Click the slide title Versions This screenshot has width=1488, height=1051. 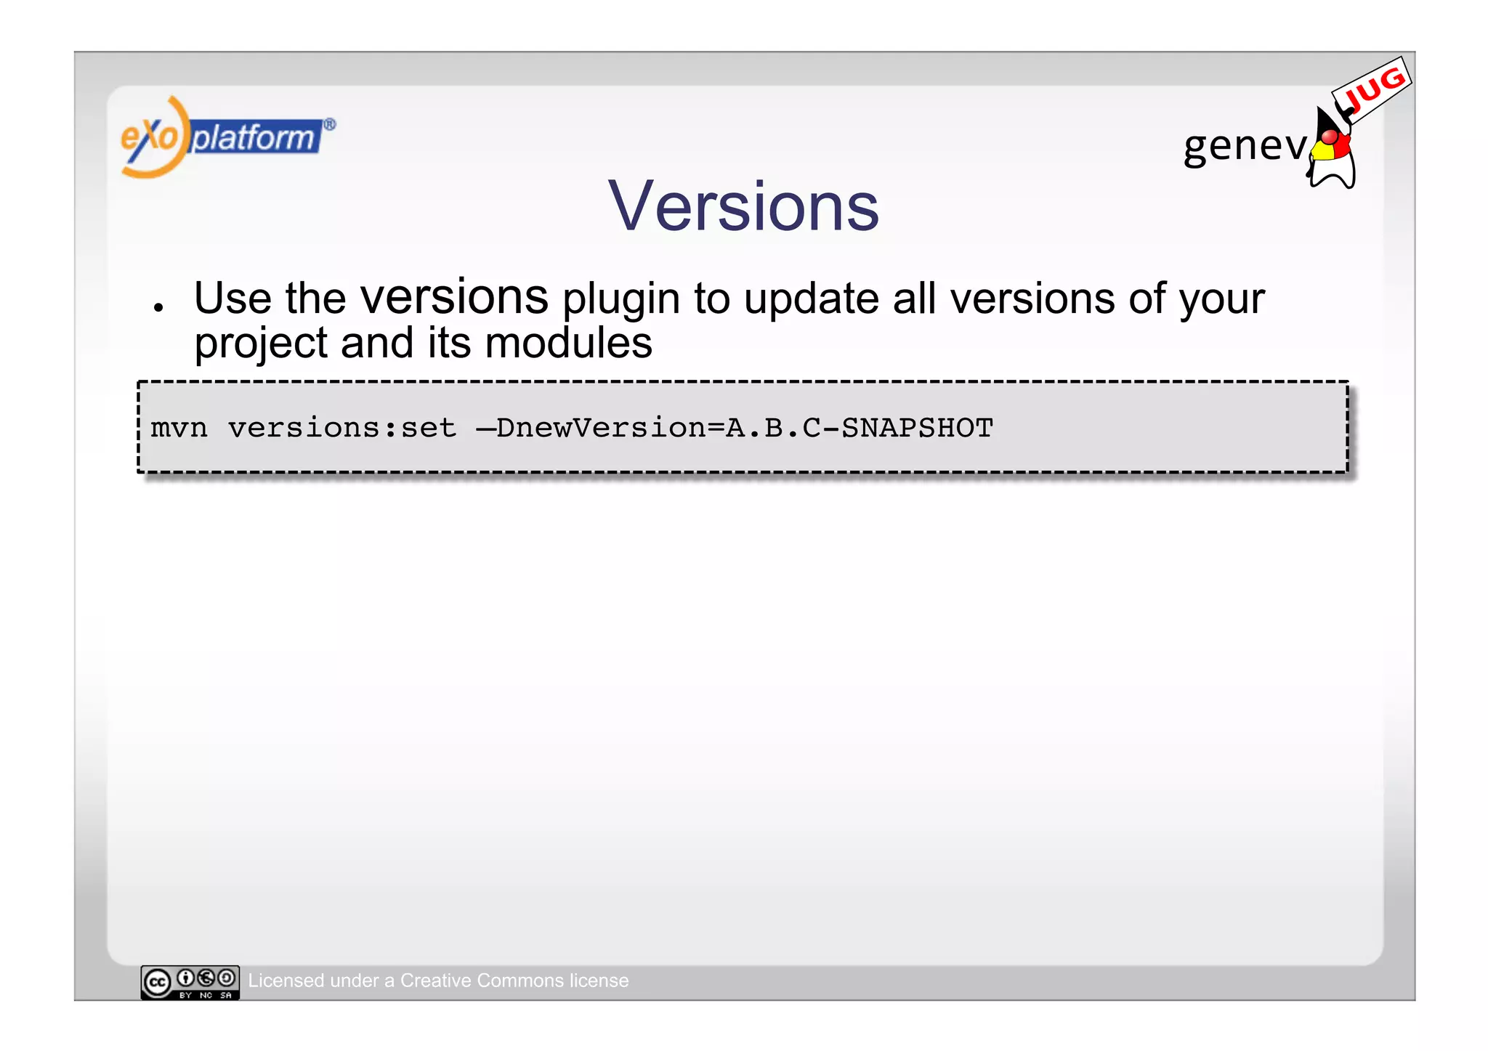(x=743, y=207)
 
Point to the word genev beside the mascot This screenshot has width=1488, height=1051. (x=1245, y=145)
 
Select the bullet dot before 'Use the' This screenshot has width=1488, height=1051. (x=158, y=307)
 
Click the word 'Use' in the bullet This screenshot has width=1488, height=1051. (x=232, y=299)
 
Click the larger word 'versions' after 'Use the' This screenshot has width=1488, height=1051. (x=454, y=297)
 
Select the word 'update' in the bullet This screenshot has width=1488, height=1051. (x=812, y=300)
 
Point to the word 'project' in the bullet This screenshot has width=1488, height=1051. (x=261, y=344)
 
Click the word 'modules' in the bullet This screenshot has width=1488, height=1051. (x=568, y=344)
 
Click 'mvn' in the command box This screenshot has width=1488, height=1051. (x=179, y=429)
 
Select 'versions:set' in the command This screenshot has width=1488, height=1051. (x=342, y=429)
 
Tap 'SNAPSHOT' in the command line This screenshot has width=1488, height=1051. (x=917, y=429)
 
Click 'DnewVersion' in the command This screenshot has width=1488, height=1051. (x=601, y=429)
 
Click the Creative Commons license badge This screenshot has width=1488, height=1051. (x=190, y=982)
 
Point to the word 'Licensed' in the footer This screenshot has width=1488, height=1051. (x=285, y=981)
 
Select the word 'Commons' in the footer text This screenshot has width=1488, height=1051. (x=520, y=981)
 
